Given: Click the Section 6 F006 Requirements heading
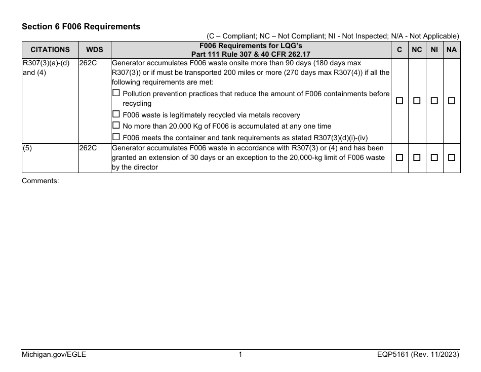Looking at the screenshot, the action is (x=81, y=26).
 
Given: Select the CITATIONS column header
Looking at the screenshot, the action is (x=50, y=50).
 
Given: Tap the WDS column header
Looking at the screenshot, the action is (x=94, y=50).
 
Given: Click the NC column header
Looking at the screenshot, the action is (x=417, y=50).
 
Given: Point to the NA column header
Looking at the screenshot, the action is (x=452, y=50).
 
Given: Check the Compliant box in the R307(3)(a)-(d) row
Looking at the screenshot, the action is (x=399, y=101).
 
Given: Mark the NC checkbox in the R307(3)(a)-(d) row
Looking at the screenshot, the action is (x=417, y=101).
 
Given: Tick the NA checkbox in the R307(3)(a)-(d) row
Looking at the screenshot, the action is (x=452, y=101).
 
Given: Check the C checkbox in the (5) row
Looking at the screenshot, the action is (x=399, y=158).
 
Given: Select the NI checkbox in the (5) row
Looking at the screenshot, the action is (x=434, y=158).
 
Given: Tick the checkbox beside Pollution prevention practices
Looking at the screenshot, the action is (x=116, y=94).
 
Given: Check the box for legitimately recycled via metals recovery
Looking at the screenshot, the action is (x=116, y=115).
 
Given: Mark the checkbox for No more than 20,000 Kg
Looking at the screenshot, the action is (x=116, y=126).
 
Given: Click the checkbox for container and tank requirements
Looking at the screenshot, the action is (x=116, y=137).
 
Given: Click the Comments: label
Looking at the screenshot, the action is (x=41, y=180).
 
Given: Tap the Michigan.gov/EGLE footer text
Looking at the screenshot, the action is (x=54, y=355).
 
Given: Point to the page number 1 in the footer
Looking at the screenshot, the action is (x=240, y=355).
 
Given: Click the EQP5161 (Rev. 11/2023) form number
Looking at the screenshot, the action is (x=415, y=355).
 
